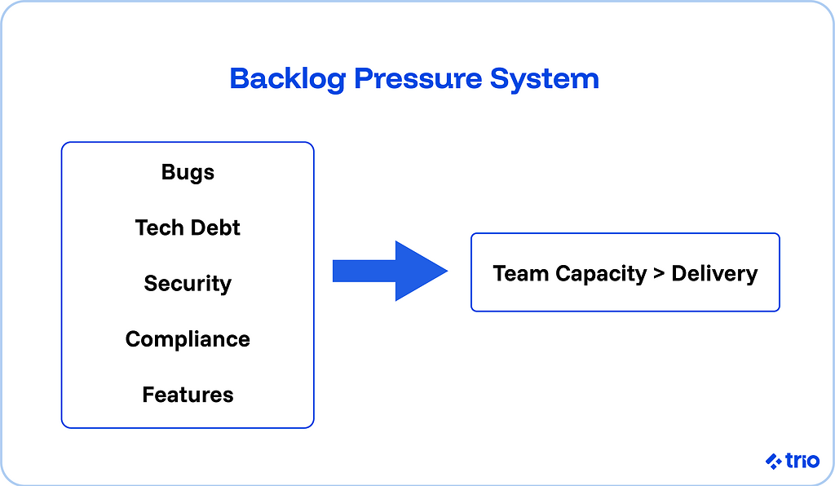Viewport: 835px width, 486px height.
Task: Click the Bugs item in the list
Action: [188, 173]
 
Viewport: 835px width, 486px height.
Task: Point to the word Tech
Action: [158, 228]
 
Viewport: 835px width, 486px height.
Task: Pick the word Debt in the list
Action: [214, 228]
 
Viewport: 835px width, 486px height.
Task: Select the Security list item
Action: [188, 283]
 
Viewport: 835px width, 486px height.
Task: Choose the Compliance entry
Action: [188, 339]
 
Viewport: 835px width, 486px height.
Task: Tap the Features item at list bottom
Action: [188, 395]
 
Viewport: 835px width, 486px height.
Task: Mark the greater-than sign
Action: [659, 274]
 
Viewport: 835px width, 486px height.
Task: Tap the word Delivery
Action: [714, 274]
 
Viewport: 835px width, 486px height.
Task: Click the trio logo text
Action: [802, 461]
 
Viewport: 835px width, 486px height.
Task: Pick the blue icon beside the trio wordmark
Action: [774, 462]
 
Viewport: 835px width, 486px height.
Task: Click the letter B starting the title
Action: [240, 79]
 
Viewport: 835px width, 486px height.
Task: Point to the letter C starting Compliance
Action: [133, 339]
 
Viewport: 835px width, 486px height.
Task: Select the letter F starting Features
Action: [148, 395]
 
